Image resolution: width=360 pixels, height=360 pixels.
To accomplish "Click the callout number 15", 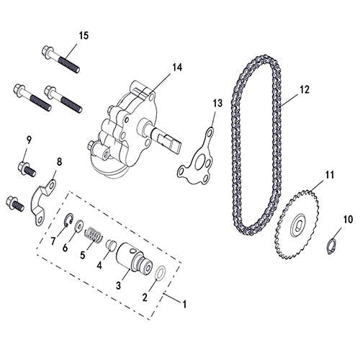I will (84, 35).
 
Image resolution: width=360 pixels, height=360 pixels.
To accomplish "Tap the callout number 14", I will (177, 68).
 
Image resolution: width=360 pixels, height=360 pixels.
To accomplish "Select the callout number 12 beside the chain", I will (304, 89).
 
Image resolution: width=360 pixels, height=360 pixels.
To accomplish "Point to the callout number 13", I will (218, 103).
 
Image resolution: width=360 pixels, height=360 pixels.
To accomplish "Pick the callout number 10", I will (348, 218).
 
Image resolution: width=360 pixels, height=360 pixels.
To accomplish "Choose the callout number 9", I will (30, 139).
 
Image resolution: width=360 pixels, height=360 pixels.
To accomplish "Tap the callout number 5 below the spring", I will (83, 254).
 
